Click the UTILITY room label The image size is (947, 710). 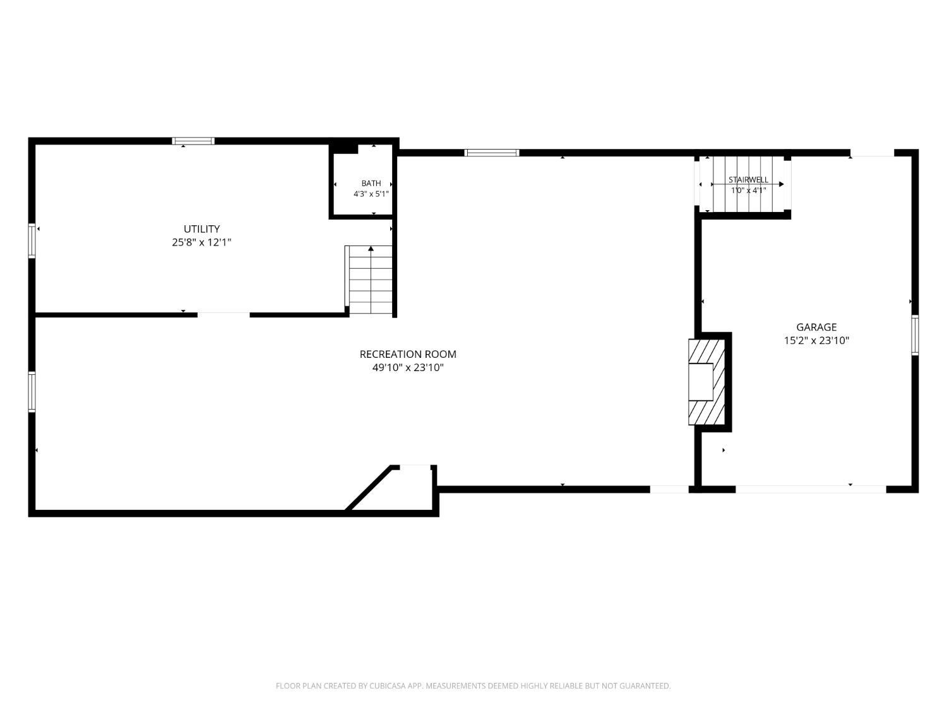tap(201, 229)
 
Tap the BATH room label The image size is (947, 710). tap(371, 183)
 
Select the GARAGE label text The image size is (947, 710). tap(816, 327)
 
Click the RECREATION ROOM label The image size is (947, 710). tap(408, 354)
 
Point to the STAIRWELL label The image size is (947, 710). tap(748, 180)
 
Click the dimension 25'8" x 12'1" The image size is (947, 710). tap(201, 242)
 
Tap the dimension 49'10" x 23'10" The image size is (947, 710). tap(408, 368)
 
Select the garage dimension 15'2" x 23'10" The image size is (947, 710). tap(816, 341)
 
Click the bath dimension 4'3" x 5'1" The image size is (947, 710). tap(371, 194)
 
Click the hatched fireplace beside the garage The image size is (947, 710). tap(706, 382)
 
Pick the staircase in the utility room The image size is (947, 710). tap(369, 280)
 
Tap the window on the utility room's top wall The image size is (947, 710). tap(193, 141)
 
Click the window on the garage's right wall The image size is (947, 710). tap(915, 335)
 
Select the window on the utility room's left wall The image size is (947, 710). tap(32, 240)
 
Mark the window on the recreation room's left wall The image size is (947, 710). tap(32, 391)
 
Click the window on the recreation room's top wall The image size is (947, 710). tap(492, 153)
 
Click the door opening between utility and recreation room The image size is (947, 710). tap(223, 315)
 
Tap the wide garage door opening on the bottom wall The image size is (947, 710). tap(811, 489)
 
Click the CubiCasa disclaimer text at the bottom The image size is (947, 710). tap(473, 685)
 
